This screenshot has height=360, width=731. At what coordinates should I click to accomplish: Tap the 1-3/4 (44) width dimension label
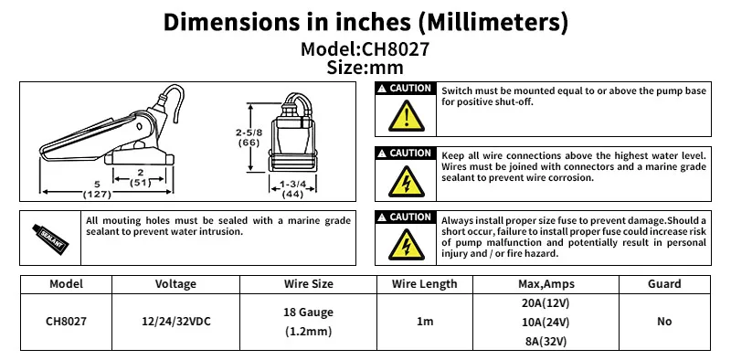[286, 189]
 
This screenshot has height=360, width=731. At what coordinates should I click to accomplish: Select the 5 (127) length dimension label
[97, 189]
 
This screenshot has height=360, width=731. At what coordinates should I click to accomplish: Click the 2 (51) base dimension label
[140, 177]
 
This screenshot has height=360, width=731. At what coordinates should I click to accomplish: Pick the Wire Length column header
[425, 284]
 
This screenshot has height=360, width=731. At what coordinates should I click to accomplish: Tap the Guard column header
[664, 284]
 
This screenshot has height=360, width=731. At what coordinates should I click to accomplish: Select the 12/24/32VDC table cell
[175, 322]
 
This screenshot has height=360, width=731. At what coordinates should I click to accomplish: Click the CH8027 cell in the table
[67, 322]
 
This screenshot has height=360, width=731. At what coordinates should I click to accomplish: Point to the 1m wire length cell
[425, 322]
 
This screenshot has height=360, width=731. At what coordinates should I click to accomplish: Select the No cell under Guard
[664, 322]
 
